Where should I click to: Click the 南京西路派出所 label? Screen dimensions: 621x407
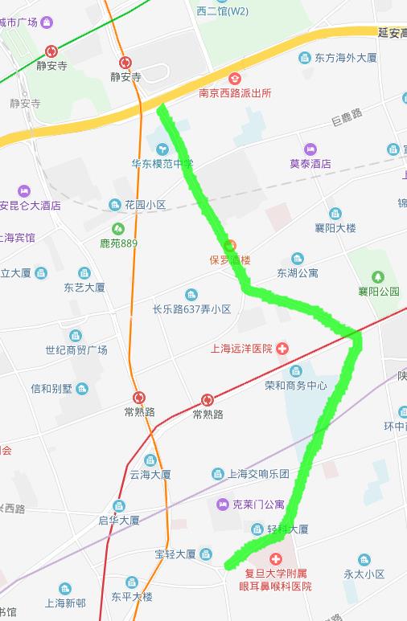coord(235,93)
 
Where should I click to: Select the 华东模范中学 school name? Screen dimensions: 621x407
coord(162,164)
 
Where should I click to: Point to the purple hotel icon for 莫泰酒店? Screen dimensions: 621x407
coord(310,149)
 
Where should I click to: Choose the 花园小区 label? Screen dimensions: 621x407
coord(145,205)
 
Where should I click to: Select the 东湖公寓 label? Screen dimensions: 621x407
coord(298,273)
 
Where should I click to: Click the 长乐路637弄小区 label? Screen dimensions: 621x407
coord(191,309)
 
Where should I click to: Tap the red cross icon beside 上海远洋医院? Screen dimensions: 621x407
coord(282,349)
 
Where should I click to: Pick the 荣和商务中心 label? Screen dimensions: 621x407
coord(296,386)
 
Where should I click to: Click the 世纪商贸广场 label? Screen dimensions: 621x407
coord(76,350)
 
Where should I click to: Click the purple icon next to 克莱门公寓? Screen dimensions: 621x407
coord(223,505)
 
